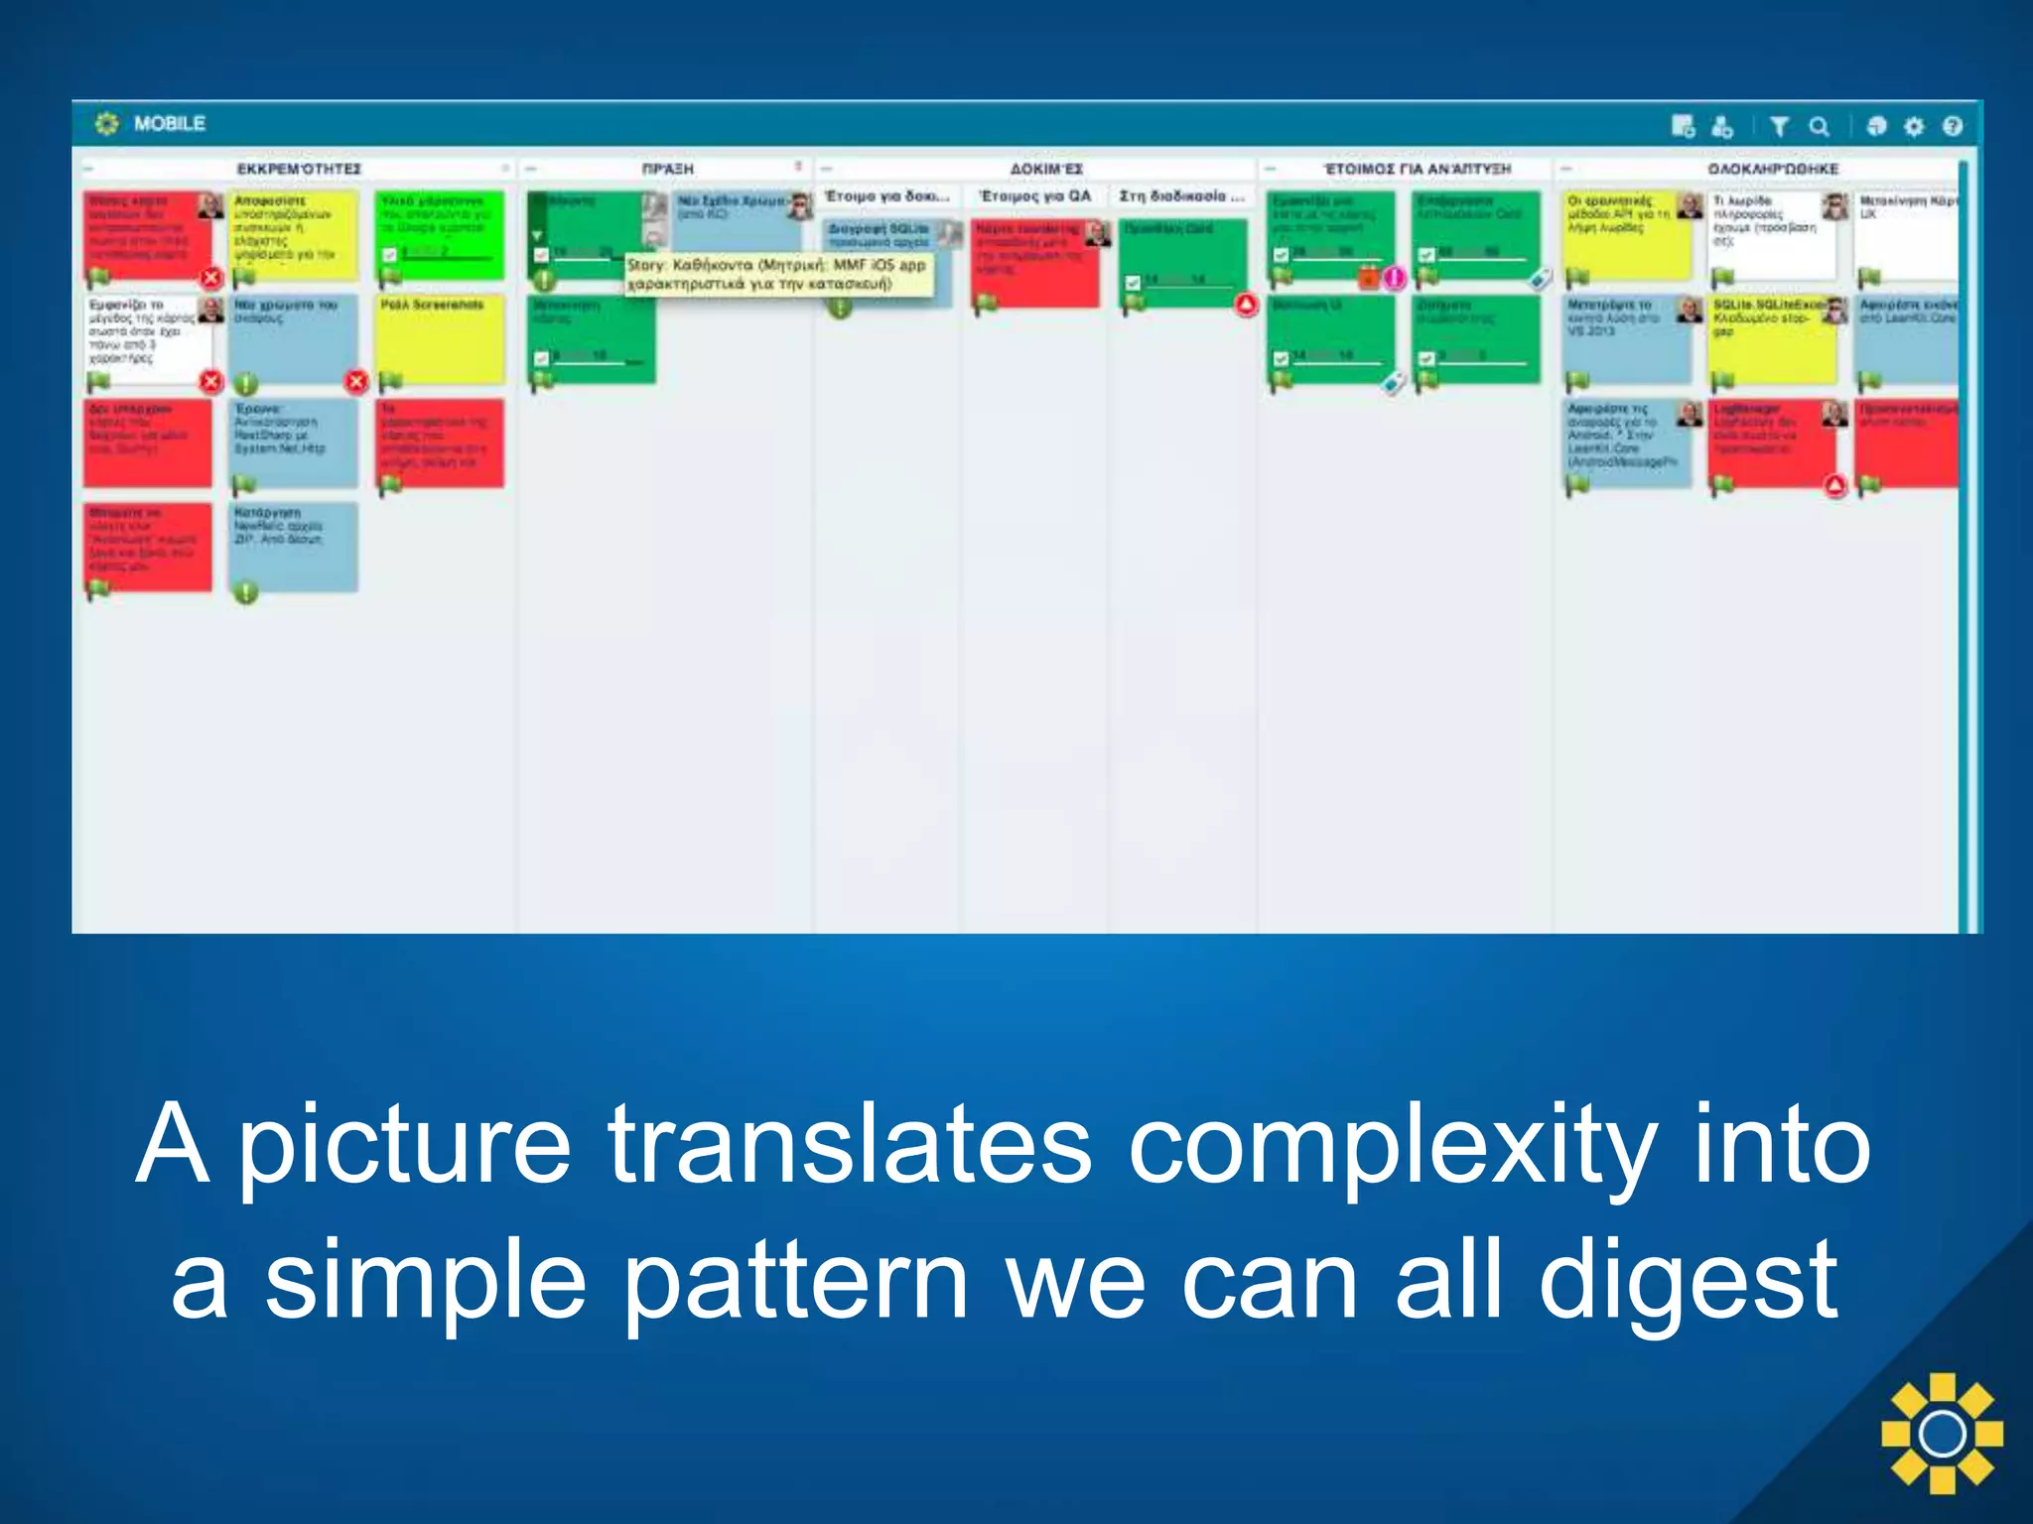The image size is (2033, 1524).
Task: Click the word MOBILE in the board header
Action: point(169,124)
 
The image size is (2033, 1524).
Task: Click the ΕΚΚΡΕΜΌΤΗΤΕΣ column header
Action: point(299,169)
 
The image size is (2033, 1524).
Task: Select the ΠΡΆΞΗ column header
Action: point(667,169)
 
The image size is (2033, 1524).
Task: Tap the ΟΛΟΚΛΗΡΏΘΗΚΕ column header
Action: point(1772,169)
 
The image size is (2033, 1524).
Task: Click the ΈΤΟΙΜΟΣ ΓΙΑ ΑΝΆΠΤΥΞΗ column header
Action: point(1417,169)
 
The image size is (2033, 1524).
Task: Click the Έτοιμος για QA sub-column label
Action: point(1034,196)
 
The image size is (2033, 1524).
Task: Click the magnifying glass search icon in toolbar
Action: point(1819,126)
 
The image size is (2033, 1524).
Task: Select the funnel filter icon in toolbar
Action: point(1779,126)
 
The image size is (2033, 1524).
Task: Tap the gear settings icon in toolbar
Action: point(1914,126)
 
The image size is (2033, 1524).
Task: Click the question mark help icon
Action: point(1952,126)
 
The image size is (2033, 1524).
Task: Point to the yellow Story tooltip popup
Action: point(778,275)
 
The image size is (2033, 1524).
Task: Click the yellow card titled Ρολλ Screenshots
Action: point(440,337)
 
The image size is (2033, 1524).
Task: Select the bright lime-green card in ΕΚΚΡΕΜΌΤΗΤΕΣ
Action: point(440,233)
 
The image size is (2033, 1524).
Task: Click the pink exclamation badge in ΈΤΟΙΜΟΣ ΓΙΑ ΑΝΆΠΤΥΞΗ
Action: point(1395,279)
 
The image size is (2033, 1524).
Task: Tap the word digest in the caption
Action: point(1688,1282)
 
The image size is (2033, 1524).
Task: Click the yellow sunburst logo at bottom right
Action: point(1942,1433)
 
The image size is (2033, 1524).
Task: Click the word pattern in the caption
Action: point(794,1282)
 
